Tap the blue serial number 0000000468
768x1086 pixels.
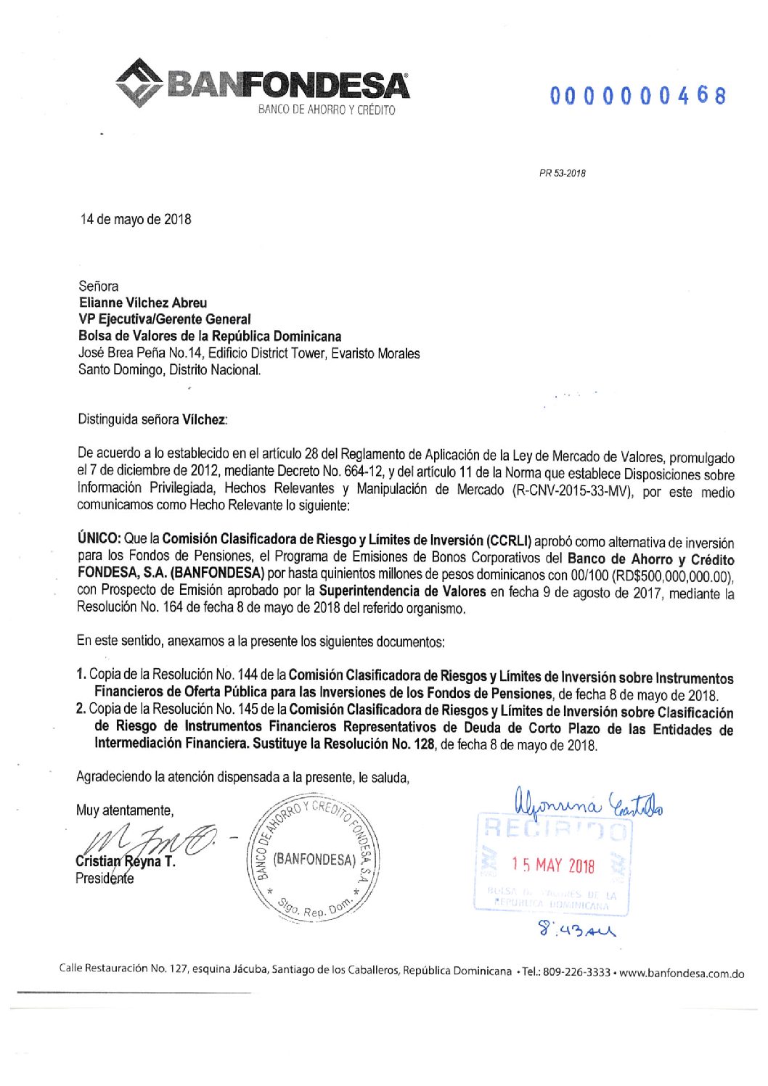pyautogui.click(x=637, y=96)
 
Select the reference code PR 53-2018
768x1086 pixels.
pyautogui.click(x=563, y=173)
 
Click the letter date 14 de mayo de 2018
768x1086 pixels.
pyautogui.click(x=136, y=219)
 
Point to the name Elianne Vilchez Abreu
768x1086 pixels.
pyautogui.click(x=143, y=303)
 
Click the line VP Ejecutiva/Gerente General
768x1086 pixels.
pyautogui.click(x=165, y=319)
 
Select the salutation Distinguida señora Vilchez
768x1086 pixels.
pyautogui.click(x=152, y=419)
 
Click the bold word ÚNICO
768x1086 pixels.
pyautogui.click(x=99, y=538)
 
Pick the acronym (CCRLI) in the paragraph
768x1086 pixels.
pyautogui.click(x=510, y=540)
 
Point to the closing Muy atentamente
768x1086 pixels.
pyautogui.click(x=125, y=810)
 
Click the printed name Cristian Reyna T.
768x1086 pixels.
pyautogui.click(x=126, y=862)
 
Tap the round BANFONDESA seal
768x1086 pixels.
pyautogui.click(x=314, y=860)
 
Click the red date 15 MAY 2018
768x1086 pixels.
pyautogui.click(x=552, y=865)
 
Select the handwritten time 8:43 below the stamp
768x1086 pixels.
pyautogui.click(x=575, y=928)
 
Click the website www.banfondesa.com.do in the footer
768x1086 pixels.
pyautogui.click(x=682, y=973)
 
